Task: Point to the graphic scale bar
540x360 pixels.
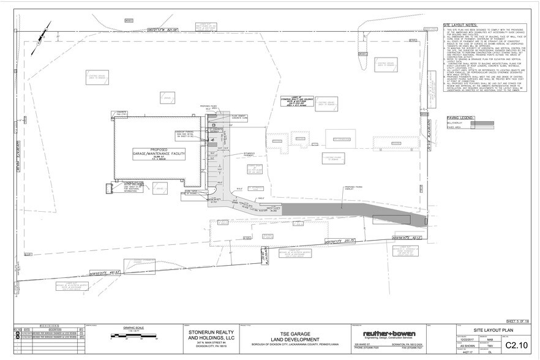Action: point(132,336)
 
